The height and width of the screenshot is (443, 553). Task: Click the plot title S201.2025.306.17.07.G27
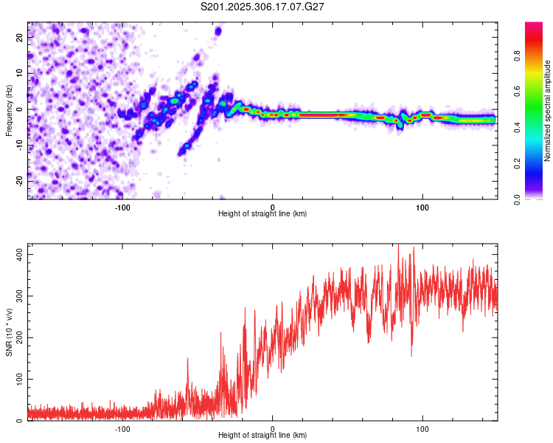pos(263,7)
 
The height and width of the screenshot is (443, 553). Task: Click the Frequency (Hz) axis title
pos(9,111)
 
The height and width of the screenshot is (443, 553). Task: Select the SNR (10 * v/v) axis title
pos(9,332)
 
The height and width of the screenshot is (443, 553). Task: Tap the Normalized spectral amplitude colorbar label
pos(548,111)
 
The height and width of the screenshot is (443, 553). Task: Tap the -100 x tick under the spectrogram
pos(122,207)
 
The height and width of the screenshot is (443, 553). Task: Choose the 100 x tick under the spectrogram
pos(422,207)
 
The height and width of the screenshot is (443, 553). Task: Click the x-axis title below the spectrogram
pos(262,214)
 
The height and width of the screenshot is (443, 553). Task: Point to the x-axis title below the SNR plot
pos(262,436)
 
